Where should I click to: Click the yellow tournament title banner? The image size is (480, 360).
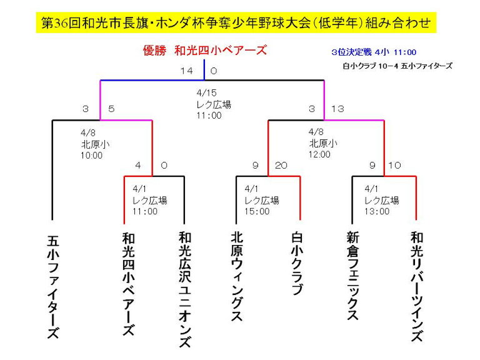(x=236, y=22)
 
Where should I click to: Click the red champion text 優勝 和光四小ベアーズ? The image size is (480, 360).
(x=205, y=50)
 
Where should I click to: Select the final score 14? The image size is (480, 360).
(x=187, y=71)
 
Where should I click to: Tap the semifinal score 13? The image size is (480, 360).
(x=337, y=109)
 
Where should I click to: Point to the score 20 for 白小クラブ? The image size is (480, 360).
(x=281, y=166)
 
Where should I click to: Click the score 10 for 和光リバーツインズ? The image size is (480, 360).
(x=394, y=166)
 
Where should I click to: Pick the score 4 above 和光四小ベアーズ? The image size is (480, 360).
(x=138, y=166)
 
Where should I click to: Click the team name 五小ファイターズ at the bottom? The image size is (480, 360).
(x=53, y=286)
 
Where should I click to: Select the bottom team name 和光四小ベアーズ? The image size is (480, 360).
(x=129, y=284)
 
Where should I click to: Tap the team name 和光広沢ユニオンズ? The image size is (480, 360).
(x=185, y=289)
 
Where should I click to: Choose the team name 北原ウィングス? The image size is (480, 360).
(x=237, y=276)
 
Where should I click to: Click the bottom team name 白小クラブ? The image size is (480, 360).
(x=297, y=263)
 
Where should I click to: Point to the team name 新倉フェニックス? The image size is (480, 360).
(x=352, y=276)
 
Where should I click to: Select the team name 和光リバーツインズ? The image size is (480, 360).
(x=417, y=286)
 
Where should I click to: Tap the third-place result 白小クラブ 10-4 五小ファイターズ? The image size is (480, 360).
(x=397, y=66)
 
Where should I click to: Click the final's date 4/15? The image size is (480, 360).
(x=207, y=92)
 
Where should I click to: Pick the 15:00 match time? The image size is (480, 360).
(x=257, y=211)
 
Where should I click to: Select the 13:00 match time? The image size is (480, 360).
(x=377, y=211)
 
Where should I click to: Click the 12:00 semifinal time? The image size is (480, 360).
(x=319, y=154)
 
